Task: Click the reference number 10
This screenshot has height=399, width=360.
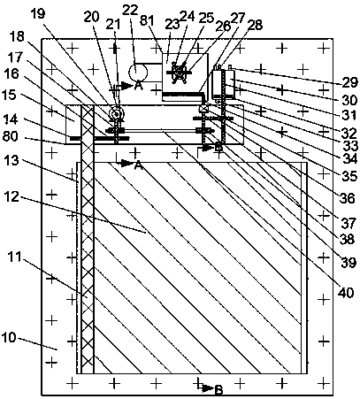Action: pos(8,338)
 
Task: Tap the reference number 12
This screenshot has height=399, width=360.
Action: pos(11,196)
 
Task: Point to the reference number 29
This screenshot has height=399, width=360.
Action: pos(350,82)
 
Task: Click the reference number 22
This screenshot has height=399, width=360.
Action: pos(130,10)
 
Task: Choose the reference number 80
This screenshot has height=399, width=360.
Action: pos(10,136)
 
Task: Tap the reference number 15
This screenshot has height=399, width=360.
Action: pos(9,96)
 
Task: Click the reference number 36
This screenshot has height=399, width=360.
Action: pos(348,198)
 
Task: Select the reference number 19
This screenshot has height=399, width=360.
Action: pos(38,13)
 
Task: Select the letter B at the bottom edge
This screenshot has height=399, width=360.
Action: pos(218,390)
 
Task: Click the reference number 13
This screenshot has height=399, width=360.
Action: pos(11,161)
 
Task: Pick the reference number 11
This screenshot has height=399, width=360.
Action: pos(15,257)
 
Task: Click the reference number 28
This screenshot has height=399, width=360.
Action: pos(255,26)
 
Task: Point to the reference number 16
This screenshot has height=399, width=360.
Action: pos(11,73)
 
